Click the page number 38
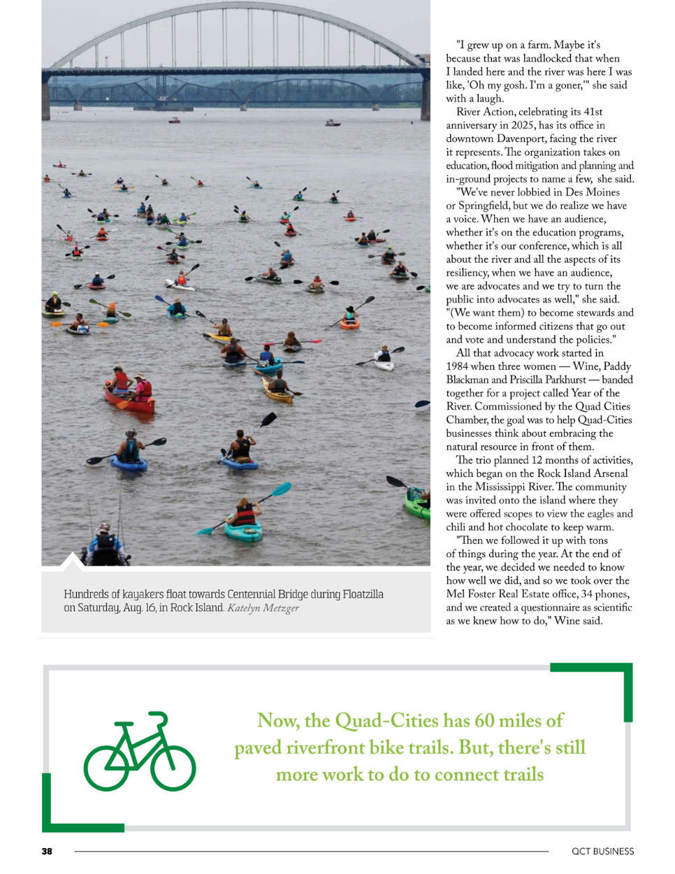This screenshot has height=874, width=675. click(x=47, y=851)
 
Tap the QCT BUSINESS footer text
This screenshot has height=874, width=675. click(x=602, y=851)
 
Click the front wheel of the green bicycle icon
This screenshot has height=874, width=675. click(x=173, y=768)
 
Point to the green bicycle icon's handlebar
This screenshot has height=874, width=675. click(x=159, y=717)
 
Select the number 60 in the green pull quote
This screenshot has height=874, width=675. click(x=484, y=720)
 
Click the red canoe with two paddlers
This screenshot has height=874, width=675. click(x=129, y=399)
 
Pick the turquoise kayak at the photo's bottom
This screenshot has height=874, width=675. click(x=243, y=530)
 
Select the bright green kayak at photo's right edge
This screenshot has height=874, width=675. click(x=417, y=506)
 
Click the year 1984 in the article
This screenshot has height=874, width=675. click(x=458, y=366)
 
